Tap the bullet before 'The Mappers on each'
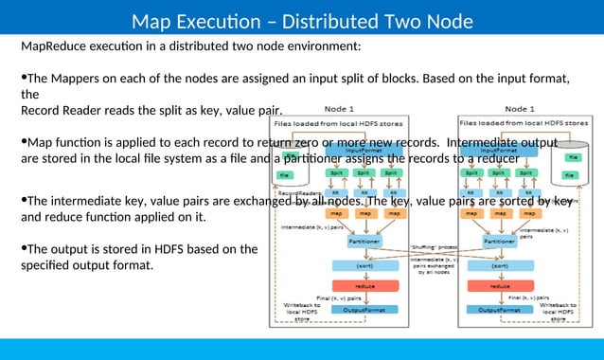[24, 78]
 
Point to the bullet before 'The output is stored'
[24, 249]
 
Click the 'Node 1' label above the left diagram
[339, 109]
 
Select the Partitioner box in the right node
[499, 242]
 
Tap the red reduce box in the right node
[499, 285]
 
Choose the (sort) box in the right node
[499, 265]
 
